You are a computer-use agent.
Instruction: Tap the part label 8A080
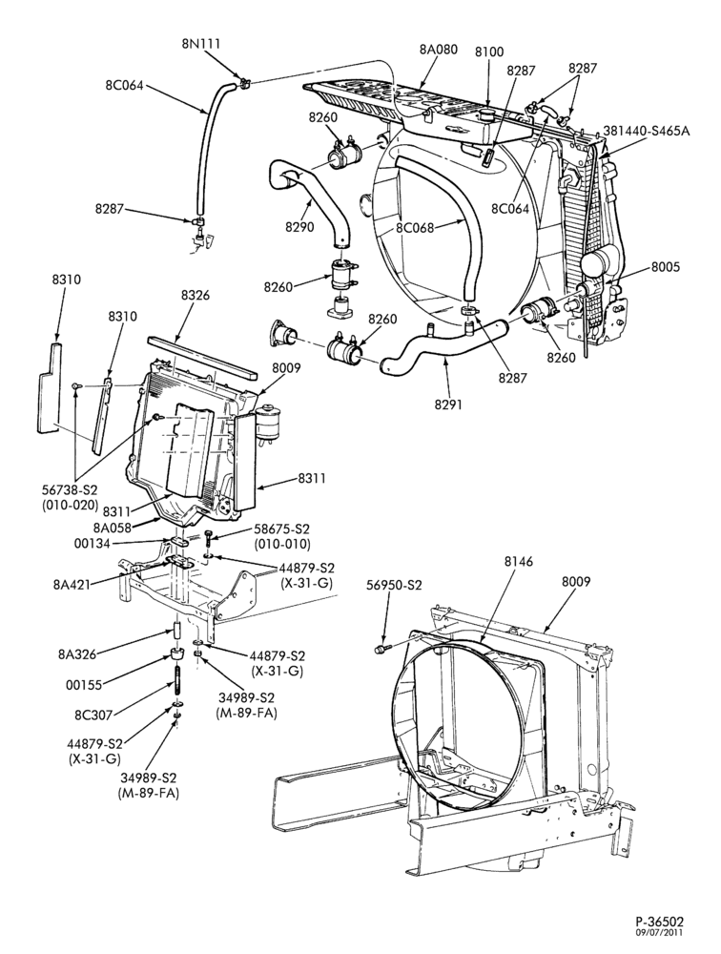(438, 50)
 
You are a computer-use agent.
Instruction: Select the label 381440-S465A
(647, 130)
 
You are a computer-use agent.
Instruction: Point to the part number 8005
(666, 266)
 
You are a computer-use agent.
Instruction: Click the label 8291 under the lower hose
(447, 403)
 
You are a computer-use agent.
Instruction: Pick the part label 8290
(299, 227)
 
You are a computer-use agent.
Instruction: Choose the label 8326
(196, 296)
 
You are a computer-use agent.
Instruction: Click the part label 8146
(519, 562)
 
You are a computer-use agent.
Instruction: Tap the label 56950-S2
(394, 585)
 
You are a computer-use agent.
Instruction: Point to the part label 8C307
(93, 715)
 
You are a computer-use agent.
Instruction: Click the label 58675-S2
(282, 529)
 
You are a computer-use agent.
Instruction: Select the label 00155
(83, 684)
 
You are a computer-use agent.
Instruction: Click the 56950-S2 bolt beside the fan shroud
(381, 649)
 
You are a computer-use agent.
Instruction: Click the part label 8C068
(415, 228)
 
